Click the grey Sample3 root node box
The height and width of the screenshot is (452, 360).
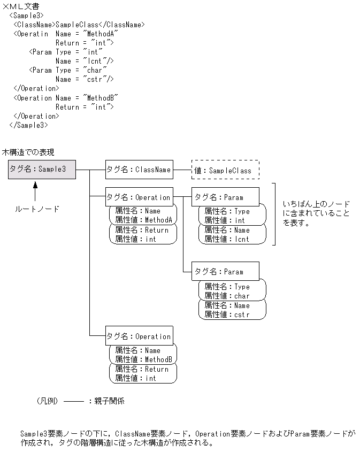(x=42, y=169)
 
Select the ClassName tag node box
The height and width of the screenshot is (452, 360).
(x=139, y=170)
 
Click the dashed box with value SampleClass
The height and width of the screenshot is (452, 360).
(x=225, y=170)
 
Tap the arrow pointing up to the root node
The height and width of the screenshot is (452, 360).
(x=35, y=191)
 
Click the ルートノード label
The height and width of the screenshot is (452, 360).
(x=36, y=209)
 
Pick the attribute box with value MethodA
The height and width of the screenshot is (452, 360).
(x=143, y=216)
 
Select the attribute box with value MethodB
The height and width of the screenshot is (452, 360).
(x=143, y=355)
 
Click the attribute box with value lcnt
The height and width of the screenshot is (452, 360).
(x=232, y=234)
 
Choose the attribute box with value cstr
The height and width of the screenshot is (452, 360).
(x=232, y=310)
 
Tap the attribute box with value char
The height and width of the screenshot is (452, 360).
(x=232, y=291)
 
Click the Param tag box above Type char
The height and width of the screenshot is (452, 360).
(x=225, y=272)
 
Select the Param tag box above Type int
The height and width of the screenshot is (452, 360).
(x=225, y=197)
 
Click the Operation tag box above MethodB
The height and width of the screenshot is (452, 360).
(x=139, y=336)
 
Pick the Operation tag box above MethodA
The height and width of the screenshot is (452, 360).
(x=139, y=197)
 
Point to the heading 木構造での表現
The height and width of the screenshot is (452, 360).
(x=28, y=152)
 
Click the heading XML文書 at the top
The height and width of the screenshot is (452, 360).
(x=24, y=5)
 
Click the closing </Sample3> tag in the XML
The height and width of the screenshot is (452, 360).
(x=29, y=125)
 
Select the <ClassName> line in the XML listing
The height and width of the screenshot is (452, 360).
(x=79, y=25)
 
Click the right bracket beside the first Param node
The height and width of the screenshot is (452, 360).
(x=274, y=214)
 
